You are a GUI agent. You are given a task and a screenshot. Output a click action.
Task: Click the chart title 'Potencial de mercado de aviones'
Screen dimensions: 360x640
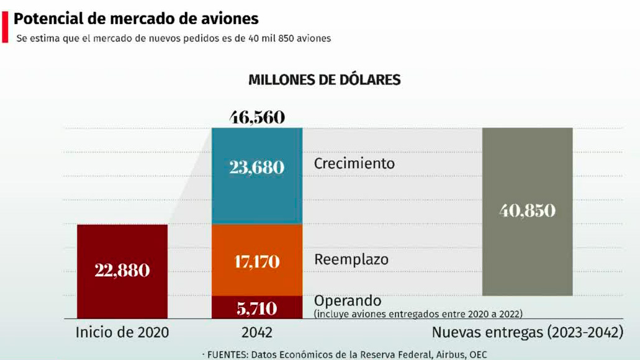pyautogui.click(x=136, y=19)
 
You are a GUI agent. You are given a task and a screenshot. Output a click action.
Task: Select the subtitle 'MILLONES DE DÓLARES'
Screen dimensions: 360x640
pyautogui.click(x=324, y=80)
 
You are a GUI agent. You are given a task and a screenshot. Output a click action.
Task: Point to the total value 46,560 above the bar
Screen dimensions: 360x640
pyautogui.click(x=257, y=117)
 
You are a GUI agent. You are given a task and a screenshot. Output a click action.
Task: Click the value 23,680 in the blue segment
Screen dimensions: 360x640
pyautogui.click(x=257, y=167)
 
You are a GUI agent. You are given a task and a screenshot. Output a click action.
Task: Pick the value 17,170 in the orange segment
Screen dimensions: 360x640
pyautogui.click(x=257, y=261)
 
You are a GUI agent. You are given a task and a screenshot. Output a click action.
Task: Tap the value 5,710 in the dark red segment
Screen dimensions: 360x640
pyautogui.click(x=257, y=308)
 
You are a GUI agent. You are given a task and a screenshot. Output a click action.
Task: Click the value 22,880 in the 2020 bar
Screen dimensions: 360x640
pyautogui.click(x=122, y=271)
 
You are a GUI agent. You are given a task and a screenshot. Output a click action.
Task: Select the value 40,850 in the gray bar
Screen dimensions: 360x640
pyautogui.click(x=527, y=211)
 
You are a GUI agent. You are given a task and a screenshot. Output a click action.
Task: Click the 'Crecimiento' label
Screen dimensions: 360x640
pyautogui.click(x=354, y=164)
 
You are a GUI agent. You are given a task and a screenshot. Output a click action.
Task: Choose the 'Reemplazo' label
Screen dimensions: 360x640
pyautogui.click(x=351, y=259)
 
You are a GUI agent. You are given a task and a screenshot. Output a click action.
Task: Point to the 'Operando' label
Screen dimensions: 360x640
pyautogui.click(x=348, y=301)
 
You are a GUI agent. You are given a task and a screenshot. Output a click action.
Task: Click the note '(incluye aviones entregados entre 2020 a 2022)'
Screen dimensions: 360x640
pyautogui.click(x=418, y=314)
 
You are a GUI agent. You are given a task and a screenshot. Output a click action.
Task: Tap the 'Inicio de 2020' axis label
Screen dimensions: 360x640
pyautogui.click(x=122, y=333)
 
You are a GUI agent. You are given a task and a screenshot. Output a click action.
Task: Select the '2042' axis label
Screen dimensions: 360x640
pyautogui.click(x=257, y=333)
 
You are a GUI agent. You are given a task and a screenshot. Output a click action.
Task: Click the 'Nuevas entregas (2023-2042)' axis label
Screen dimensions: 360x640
pyautogui.click(x=527, y=333)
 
